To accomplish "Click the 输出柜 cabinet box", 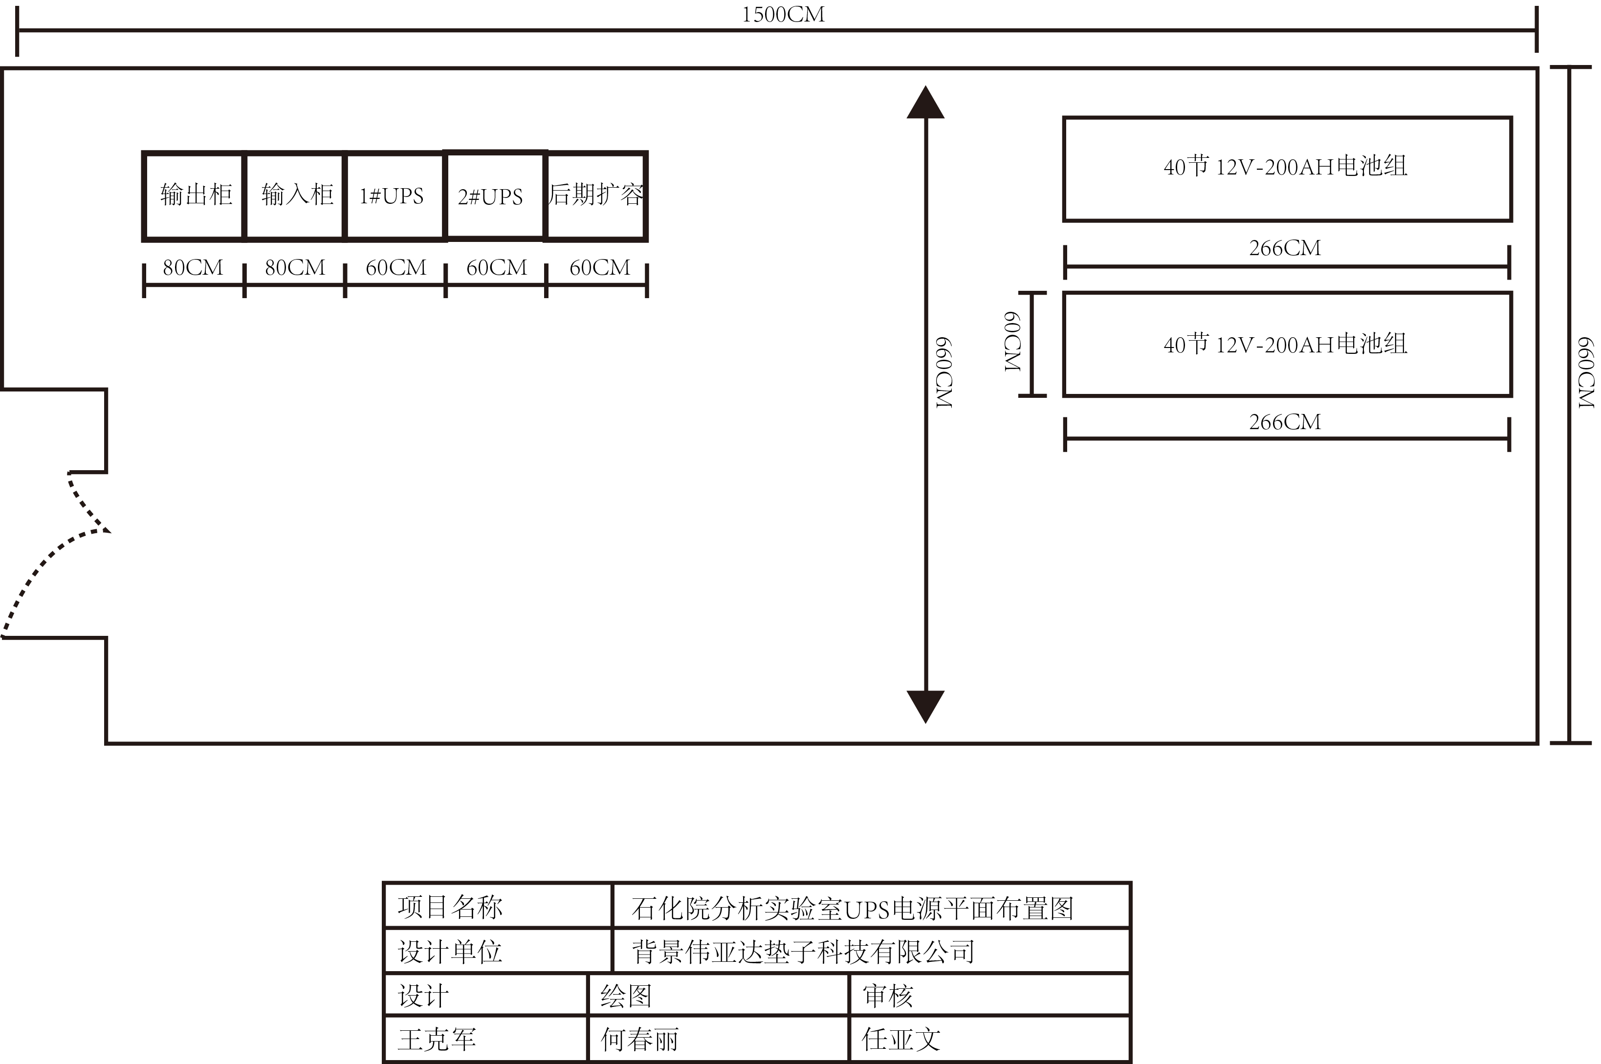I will click(x=194, y=195).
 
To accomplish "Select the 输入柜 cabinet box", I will click(x=295, y=195).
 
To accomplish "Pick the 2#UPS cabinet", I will click(x=495, y=196).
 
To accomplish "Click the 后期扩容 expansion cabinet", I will click(x=596, y=195).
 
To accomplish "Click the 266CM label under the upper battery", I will click(x=1285, y=248).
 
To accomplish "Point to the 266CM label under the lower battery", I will click(x=1285, y=422).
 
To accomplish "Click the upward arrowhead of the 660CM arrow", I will click(x=925, y=103).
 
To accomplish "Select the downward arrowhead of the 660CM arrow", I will click(x=925, y=706).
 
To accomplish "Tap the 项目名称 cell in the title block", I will click(x=450, y=907).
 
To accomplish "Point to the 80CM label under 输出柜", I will click(x=193, y=267).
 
